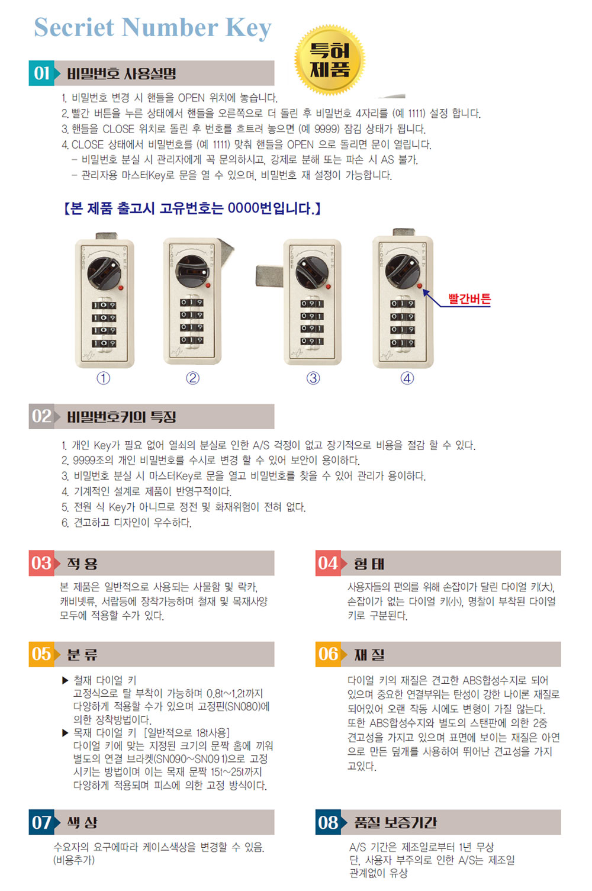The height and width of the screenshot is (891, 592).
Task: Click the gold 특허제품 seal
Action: [329, 60]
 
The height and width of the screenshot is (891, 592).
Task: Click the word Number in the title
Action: [170, 27]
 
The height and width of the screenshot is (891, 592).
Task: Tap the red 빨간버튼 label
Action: [469, 298]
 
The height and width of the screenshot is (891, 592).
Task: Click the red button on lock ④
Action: [419, 286]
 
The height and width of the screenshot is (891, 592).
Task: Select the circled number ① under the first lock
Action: [104, 378]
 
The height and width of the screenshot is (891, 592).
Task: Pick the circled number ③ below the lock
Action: [313, 378]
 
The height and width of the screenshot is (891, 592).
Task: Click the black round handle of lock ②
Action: [192, 271]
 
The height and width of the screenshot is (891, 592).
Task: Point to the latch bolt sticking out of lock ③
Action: [269, 276]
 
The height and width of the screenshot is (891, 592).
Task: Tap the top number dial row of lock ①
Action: [104, 305]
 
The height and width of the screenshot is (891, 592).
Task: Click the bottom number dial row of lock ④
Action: [402, 342]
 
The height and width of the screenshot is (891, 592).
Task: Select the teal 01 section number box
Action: [41, 73]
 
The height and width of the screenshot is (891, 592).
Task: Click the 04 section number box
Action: [328, 563]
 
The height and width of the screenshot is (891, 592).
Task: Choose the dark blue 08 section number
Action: [328, 822]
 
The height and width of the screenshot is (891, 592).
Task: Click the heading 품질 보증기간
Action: [395, 822]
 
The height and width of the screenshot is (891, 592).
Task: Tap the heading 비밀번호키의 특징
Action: [121, 417]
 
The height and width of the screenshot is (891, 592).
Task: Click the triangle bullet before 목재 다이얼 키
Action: [65, 733]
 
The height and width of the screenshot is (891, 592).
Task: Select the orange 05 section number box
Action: [41, 654]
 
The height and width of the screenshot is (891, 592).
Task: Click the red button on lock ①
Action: [121, 288]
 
